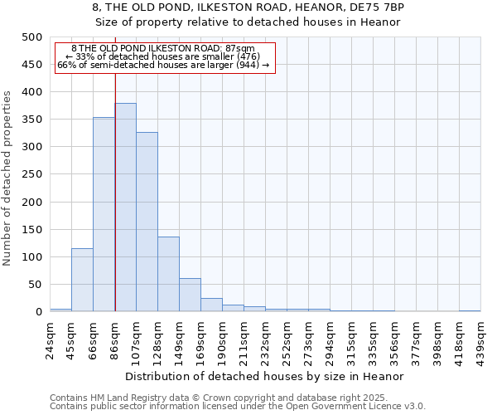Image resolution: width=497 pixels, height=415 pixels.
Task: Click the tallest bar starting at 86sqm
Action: tap(125, 207)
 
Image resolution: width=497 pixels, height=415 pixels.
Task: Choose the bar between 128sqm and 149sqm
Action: tap(168, 274)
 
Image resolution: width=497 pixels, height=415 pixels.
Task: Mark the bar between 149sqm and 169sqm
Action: tap(190, 295)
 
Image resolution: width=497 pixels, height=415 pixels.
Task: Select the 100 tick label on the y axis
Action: tap(32, 257)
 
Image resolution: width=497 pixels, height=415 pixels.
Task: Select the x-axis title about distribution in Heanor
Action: tap(265, 376)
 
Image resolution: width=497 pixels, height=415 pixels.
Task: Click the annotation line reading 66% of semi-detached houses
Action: tap(163, 65)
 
